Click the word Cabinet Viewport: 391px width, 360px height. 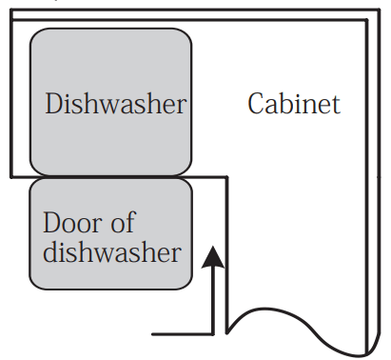tap(293, 104)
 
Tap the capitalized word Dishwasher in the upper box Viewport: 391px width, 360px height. tap(115, 104)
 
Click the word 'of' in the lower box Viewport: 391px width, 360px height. tap(123, 225)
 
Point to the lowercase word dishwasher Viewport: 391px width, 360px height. tap(111, 253)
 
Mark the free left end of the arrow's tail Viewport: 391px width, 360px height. tap(154, 333)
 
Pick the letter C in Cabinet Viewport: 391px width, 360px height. tap(256, 104)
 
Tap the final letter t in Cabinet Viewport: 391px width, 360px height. tap(335, 104)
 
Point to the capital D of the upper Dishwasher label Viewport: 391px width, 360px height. tap(54, 104)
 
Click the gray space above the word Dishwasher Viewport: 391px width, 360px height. tap(110, 57)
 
